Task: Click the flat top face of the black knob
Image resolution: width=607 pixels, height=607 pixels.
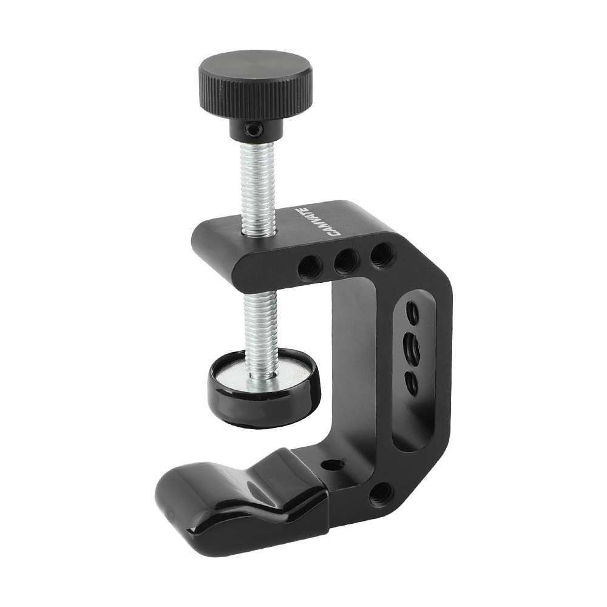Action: [254, 67]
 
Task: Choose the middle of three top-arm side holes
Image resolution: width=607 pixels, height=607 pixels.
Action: [347, 261]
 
